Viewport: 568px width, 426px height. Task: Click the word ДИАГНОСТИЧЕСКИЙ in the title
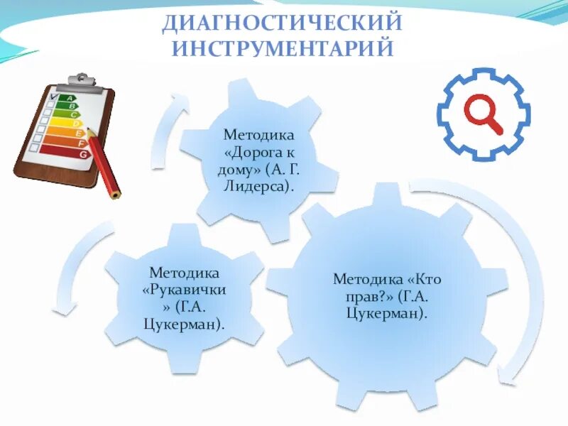point(282,23)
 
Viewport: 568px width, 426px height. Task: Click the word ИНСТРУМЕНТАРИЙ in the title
point(282,49)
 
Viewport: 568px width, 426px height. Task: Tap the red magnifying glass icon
point(484,114)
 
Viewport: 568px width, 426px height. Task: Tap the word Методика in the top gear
point(258,134)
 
